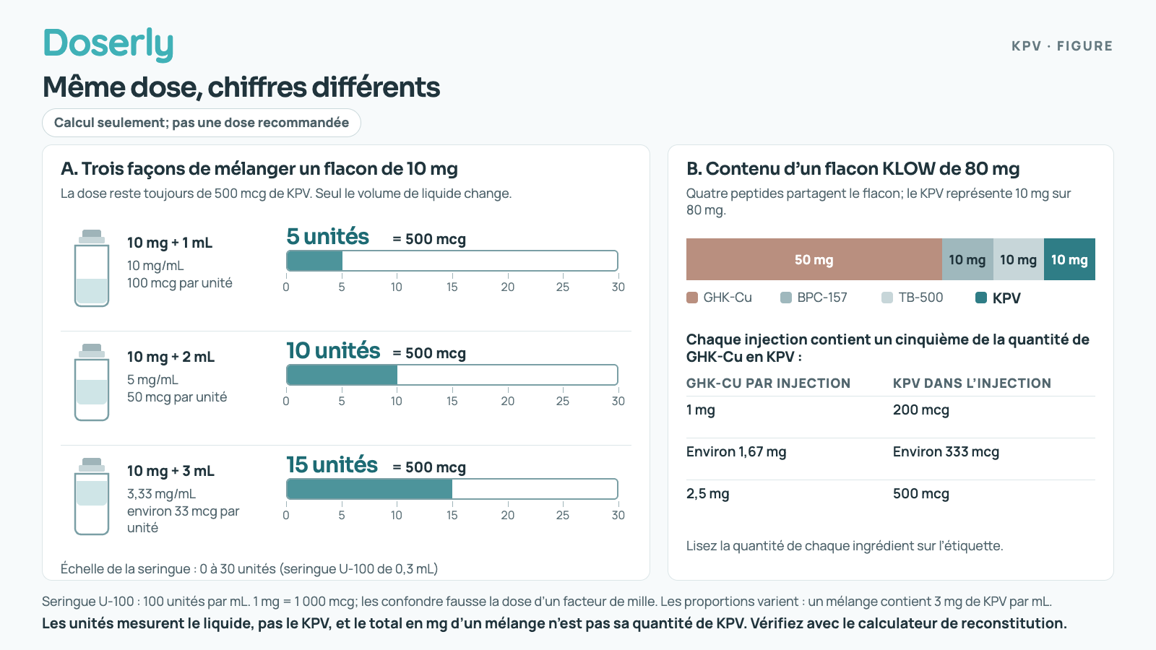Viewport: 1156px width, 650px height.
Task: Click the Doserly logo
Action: click(x=108, y=44)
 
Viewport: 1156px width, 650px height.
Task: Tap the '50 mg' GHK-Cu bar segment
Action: click(x=814, y=259)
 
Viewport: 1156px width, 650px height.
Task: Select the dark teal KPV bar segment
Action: click(x=1069, y=259)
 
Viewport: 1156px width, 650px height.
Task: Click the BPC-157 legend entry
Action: click(x=814, y=298)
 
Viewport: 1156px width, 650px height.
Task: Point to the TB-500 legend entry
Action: click(x=912, y=298)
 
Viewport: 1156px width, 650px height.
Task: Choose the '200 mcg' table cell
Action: click(x=920, y=410)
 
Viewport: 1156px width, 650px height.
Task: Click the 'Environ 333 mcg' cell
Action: click(x=946, y=452)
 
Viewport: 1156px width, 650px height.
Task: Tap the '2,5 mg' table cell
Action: click(x=707, y=494)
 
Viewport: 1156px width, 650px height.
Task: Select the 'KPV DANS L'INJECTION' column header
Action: click(x=972, y=383)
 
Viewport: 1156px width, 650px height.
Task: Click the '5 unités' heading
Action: click(x=328, y=237)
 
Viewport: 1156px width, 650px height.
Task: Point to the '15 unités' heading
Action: click(x=332, y=465)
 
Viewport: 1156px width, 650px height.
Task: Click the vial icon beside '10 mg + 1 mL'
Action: click(x=92, y=268)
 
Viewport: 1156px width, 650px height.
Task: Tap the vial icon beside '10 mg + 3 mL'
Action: click(x=92, y=496)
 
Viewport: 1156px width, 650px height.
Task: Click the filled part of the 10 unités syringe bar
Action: click(x=342, y=375)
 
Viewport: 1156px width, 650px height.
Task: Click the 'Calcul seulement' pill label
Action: click(x=202, y=123)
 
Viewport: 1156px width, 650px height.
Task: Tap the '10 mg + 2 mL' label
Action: click(x=171, y=357)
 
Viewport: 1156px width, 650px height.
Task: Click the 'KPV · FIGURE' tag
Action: click(x=1062, y=46)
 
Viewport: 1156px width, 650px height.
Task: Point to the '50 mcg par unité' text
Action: click(x=177, y=397)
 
